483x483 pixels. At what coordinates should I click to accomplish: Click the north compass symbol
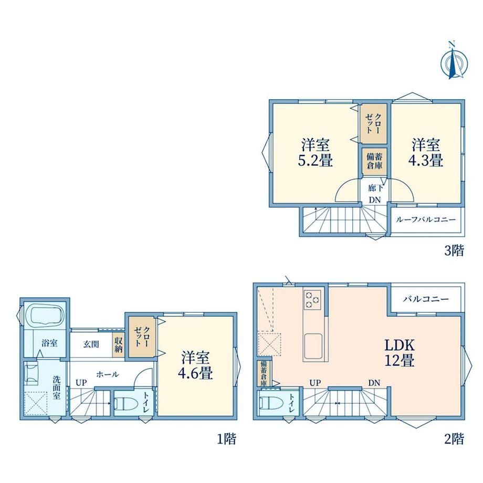click(x=454, y=61)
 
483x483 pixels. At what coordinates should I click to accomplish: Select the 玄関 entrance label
click(x=91, y=344)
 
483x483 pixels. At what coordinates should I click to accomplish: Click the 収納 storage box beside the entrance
click(x=119, y=345)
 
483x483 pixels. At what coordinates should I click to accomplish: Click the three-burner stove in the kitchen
click(x=312, y=299)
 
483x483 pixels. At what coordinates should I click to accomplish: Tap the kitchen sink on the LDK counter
click(x=313, y=346)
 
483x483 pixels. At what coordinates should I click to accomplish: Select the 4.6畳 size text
click(x=195, y=374)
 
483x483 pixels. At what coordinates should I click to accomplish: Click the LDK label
click(x=399, y=345)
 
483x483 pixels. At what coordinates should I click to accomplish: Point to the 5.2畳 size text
click(x=316, y=161)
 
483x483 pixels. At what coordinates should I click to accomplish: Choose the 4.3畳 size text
click(x=426, y=161)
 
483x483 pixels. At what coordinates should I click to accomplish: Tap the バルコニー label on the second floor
click(x=426, y=299)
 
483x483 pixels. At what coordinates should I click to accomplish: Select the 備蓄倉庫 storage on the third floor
click(x=374, y=161)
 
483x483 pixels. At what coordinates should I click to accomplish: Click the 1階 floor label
click(x=227, y=439)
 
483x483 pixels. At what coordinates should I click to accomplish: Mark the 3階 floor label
click(x=454, y=251)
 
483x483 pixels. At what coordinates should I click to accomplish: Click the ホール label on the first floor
click(x=108, y=374)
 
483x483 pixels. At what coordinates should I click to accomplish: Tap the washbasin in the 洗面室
click(x=31, y=373)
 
